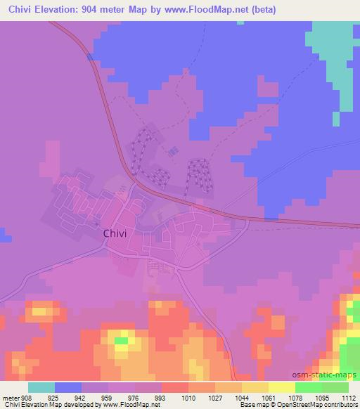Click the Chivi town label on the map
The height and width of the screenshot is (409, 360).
[x=115, y=235]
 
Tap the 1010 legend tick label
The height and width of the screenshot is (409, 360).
[x=188, y=398]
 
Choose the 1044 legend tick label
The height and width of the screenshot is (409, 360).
[x=242, y=398]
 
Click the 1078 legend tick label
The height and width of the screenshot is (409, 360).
[x=295, y=398]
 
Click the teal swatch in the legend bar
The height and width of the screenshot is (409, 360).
[x=41, y=387]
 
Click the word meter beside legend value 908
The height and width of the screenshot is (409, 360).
[x=11, y=398]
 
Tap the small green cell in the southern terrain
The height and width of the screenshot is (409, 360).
[x=122, y=341]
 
